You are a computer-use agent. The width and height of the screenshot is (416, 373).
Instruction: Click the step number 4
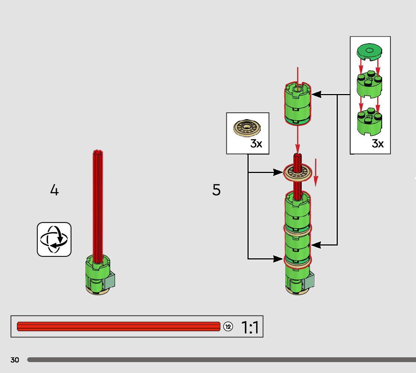point(55,190)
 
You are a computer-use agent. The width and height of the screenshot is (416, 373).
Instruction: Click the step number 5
point(216,190)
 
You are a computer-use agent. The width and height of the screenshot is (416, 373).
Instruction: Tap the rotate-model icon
point(54,240)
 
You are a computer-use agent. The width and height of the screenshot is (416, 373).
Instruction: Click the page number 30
point(15,360)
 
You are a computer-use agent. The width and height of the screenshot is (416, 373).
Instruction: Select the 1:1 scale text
point(249,327)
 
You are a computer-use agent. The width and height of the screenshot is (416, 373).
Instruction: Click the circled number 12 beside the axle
point(228,326)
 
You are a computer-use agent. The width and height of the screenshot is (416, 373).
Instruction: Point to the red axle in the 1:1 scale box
point(118,326)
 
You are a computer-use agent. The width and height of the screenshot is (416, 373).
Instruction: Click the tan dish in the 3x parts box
point(248,127)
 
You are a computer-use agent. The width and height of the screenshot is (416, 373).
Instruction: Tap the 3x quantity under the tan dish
point(256,144)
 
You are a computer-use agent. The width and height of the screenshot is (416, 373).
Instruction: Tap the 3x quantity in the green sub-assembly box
point(377,143)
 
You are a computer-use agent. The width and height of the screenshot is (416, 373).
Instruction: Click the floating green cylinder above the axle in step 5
point(297,104)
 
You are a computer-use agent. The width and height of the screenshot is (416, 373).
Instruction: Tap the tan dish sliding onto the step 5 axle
point(298,173)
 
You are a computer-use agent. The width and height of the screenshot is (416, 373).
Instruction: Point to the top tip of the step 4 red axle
point(98,152)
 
